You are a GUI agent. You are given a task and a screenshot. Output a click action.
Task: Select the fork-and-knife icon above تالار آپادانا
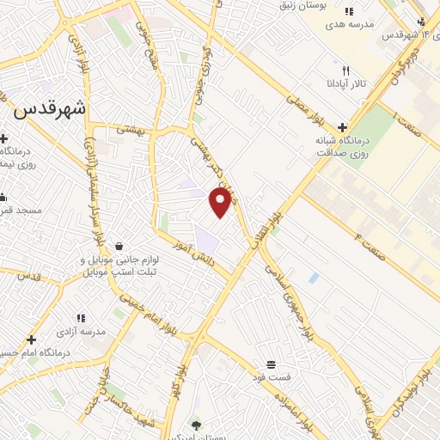tap(345, 70)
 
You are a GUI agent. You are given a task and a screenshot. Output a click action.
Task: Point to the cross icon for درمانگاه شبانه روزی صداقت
tap(343, 126)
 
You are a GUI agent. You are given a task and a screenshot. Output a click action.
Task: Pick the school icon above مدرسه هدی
tap(348, 11)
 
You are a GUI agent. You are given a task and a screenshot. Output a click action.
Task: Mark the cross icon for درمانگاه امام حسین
tap(32, 340)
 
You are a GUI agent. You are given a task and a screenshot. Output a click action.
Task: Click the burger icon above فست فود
tap(272, 364)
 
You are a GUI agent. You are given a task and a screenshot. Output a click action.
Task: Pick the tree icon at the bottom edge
tap(196, 425)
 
